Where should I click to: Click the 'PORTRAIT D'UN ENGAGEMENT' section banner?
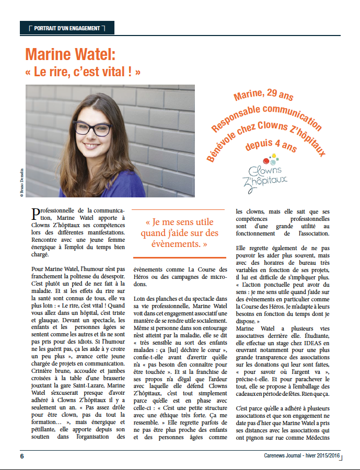(66, 28)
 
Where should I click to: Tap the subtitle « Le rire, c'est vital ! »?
(83, 72)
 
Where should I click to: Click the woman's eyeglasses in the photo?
(92, 128)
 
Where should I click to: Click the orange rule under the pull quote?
(179, 257)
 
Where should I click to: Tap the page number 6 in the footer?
(22, 455)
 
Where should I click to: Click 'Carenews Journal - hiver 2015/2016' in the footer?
(301, 455)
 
